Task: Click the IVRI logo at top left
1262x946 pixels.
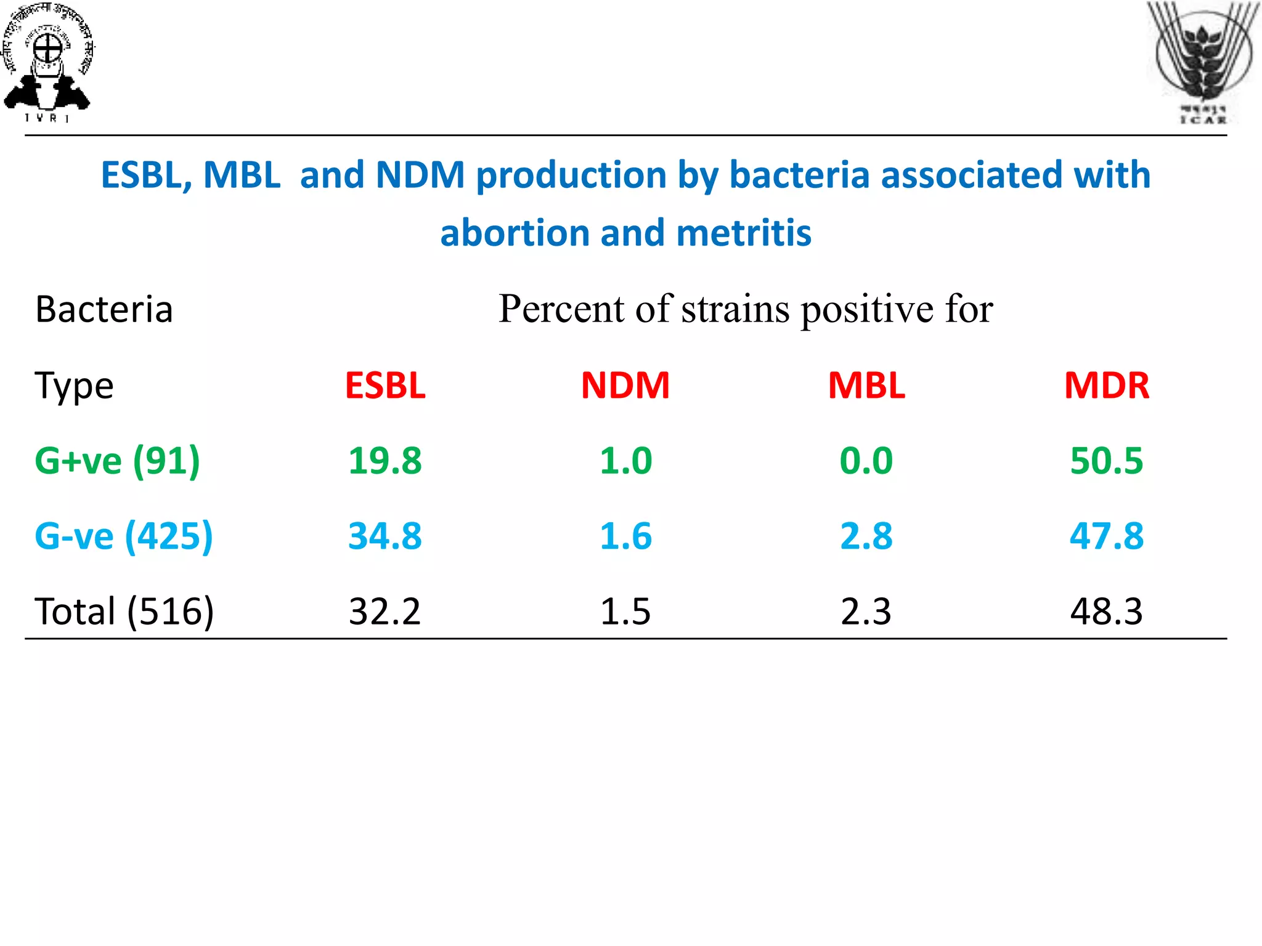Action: point(48,62)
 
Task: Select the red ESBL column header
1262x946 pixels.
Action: point(385,386)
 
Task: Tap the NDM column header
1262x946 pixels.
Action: point(625,386)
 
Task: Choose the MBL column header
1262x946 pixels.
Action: point(866,386)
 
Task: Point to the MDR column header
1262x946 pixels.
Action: point(1106,386)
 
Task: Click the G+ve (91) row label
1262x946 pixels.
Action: point(117,461)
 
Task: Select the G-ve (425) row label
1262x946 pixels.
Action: point(123,536)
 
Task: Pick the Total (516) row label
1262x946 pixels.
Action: point(124,612)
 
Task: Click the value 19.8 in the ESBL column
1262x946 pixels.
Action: point(385,461)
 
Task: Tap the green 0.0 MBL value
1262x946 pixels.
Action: point(866,461)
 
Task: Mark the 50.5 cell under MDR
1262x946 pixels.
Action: point(1106,461)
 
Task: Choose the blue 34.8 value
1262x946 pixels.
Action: point(385,536)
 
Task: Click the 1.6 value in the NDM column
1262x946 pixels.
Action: point(625,536)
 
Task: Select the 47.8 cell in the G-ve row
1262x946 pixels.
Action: point(1106,536)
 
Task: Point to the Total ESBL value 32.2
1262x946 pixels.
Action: point(385,612)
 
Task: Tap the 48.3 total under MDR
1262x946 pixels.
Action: point(1106,612)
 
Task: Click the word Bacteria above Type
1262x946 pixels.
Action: point(104,309)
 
